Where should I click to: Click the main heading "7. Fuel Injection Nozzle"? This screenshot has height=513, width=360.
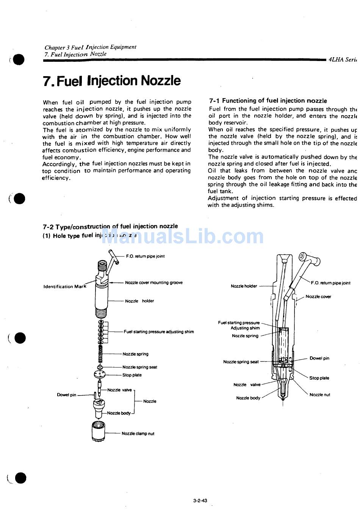tap(112, 81)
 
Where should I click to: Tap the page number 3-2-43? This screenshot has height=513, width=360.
tap(200, 500)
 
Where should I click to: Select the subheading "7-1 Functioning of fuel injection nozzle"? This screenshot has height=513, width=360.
tap(268, 101)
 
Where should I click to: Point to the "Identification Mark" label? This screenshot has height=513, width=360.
tap(65, 286)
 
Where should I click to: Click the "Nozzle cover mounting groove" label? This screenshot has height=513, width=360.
tap(153, 283)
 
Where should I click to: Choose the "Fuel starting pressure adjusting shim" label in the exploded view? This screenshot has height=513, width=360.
tap(158, 332)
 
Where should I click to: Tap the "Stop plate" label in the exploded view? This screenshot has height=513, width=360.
tap(132, 375)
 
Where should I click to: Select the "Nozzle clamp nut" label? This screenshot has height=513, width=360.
tap(138, 433)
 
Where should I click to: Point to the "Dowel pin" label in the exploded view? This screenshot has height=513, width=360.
tap(66, 395)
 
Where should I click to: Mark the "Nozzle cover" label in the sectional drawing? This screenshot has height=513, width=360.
tap(318, 297)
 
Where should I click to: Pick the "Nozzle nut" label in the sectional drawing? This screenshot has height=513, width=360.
tap(319, 395)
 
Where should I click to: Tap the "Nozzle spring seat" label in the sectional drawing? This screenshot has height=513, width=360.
tap(241, 362)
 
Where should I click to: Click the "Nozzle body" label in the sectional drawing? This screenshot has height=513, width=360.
tap(248, 398)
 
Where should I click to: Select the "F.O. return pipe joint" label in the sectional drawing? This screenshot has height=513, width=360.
tap(330, 283)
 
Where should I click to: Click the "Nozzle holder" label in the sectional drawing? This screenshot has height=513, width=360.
tap(244, 286)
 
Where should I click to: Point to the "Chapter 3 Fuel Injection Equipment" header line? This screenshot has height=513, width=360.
tap(90, 47)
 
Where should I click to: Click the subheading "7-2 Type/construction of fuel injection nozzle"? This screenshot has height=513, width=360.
tap(110, 227)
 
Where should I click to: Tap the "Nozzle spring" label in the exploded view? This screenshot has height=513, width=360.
tap(135, 354)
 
